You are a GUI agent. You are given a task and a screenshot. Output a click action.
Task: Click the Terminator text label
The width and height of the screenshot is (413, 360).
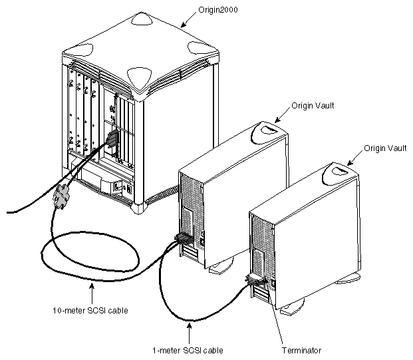[301, 348]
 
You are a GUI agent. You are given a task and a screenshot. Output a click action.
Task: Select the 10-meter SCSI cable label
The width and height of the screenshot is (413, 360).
[90, 309]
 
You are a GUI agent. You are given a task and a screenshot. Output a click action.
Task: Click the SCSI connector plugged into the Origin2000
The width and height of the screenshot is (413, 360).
[111, 140]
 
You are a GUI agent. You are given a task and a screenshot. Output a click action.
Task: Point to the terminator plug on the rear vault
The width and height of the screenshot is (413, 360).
[255, 282]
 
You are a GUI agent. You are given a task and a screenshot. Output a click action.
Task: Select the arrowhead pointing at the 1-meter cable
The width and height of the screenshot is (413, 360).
[190, 324]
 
